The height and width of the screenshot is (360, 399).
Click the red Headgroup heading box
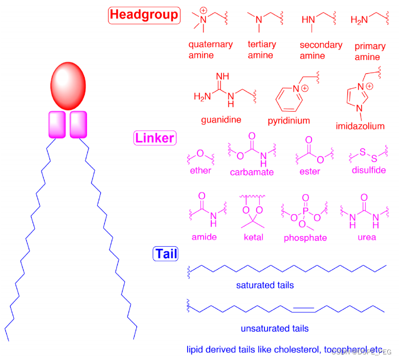pyautogui.click(x=144, y=14)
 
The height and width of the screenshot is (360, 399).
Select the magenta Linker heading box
pyautogui.click(x=154, y=138)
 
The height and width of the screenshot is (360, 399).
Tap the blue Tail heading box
pyautogui.click(x=166, y=253)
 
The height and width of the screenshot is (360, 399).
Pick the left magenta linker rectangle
pyautogui.click(x=57, y=124)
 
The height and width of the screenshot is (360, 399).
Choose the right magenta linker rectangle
pyautogui.click(x=78, y=124)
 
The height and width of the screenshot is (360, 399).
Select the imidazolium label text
pyautogui.click(x=360, y=125)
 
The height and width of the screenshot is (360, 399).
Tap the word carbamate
pyautogui.click(x=252, y=172)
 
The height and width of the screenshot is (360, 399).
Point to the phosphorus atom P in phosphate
pyautogui.click(x=305, y=209)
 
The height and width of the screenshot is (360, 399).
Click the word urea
pyautogui.click(x=367, y=237)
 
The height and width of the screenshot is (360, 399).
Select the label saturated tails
pyautogui.click(x=265, y=285)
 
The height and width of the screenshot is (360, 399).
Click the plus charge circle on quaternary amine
pyautogui.click(x=204, y=10)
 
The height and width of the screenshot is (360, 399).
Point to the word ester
pyautogui.click(x=309, y=171)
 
